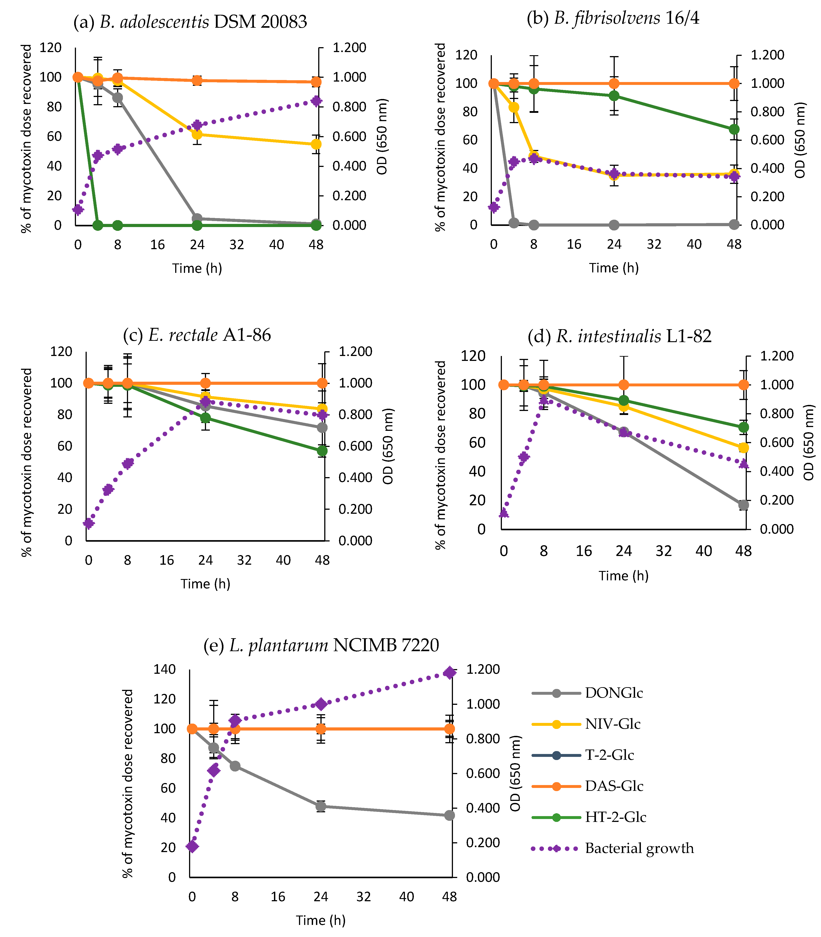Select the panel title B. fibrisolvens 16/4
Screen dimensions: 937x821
click(x=613, y=18)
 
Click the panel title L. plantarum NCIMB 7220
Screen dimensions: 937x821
click(x=321, y=645)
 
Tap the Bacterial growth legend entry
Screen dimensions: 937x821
click(x=639, y=848)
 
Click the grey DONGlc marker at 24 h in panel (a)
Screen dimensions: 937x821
click(x=197, y=219)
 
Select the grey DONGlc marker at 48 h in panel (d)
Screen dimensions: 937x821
click(x=744, y=505)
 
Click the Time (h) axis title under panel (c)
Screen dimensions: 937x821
click(x=205, y=583)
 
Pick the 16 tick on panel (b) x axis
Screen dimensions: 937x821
click(x=574, y=244)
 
